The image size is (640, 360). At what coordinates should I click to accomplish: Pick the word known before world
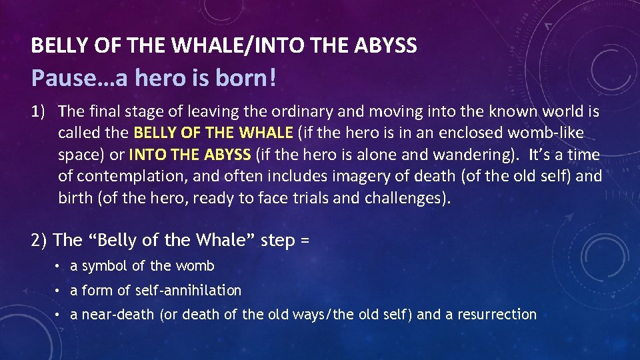pyautogui.click(x=487, y=111)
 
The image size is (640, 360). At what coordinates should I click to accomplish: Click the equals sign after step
pyautogui.click(x=305, y=240)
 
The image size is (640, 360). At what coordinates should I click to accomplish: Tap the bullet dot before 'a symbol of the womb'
pyautogui.click(x=59, y=267)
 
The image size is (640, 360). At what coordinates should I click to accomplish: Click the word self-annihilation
pyautogui.click(x=189, y=290)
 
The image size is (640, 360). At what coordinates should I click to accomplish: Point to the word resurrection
pyautogui.click(x=497, y=314)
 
